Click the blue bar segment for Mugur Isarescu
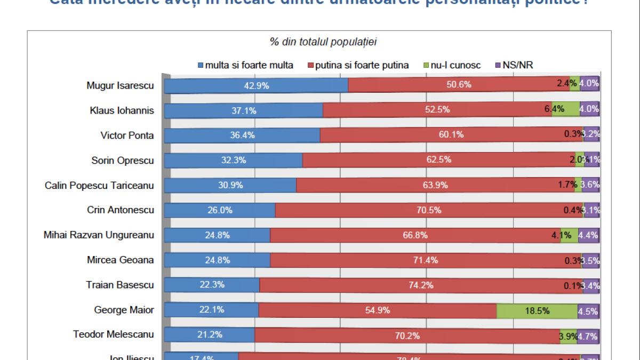point(256,85)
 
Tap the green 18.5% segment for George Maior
point(537,310)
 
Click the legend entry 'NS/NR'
point(514,66)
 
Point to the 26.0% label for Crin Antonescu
point(220,210)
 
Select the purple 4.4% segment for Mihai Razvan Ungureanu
point(589,235)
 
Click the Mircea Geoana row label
point(121,260)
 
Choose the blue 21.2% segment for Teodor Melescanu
point(210,335)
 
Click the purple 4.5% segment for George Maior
point(589,310)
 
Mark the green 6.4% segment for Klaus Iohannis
point(566,110)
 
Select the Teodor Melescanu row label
point(114,335)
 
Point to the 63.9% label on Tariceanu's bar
point(435,185)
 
